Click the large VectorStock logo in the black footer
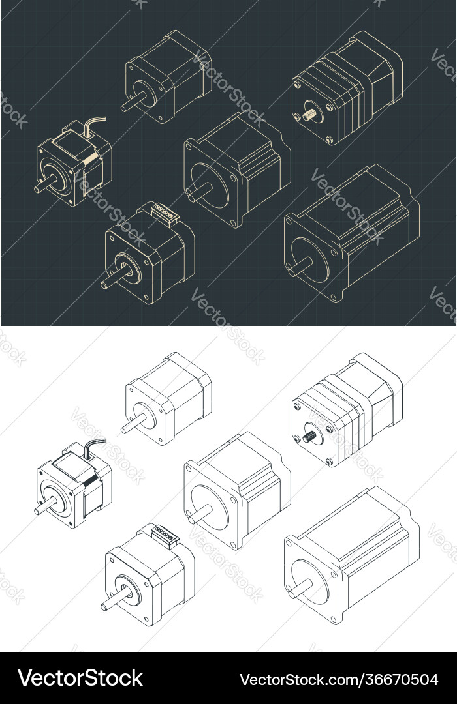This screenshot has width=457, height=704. pyautogui.click(x=80, y=678)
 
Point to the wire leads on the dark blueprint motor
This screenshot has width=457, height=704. pyautogui.click(x=94, y=123)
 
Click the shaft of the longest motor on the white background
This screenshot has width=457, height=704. pyautogui.click(x=298, y=589)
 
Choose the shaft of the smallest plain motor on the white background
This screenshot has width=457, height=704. pyautogui.click(x=129, y=426)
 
